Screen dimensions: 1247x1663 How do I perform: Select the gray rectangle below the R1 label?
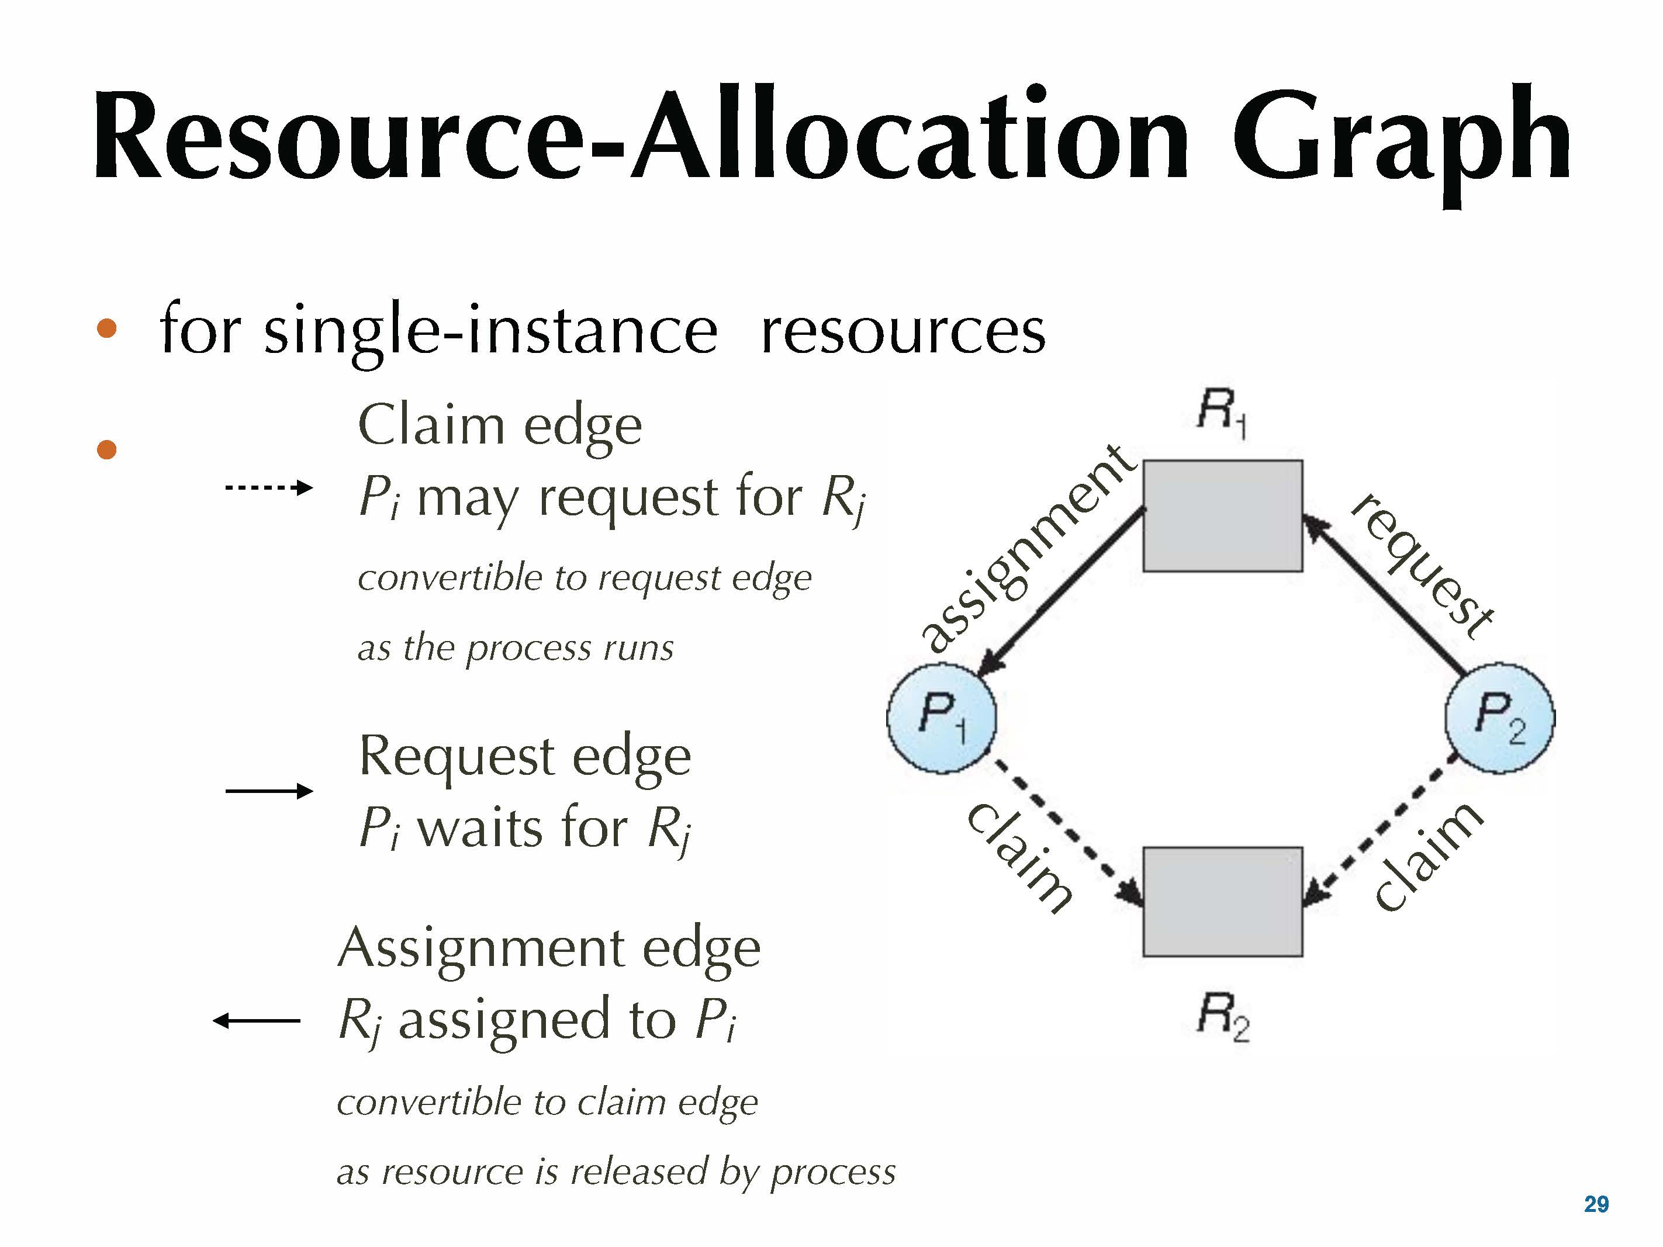(1222, 515)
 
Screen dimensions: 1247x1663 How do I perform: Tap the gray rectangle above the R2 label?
(1222, 901)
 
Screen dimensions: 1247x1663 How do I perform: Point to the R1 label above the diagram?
(1221, 412)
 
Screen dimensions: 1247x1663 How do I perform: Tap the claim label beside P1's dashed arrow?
(1019, 857)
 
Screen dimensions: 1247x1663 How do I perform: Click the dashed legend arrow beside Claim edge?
(268, 488)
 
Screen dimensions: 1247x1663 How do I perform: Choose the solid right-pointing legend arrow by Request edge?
(268, 791)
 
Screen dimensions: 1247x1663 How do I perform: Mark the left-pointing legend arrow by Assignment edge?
(257, 1020)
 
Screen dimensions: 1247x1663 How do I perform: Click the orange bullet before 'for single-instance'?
(107, 328)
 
